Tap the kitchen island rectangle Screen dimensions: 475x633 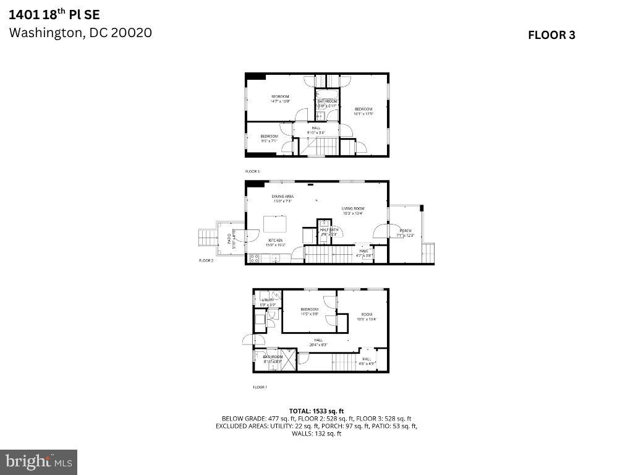click(274, 223)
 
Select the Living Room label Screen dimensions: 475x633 click(353, 211)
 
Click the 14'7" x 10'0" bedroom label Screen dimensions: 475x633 click(280, 99)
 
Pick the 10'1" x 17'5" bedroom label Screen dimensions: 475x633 click(363, 111)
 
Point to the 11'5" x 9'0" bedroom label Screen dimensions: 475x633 click(309, 312)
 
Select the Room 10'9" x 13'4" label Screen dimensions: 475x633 click(367, 317)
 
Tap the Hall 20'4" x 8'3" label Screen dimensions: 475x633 click(318, 342)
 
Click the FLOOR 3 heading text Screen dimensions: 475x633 click(551, 35)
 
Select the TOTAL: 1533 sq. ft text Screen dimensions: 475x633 click(316, 411)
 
